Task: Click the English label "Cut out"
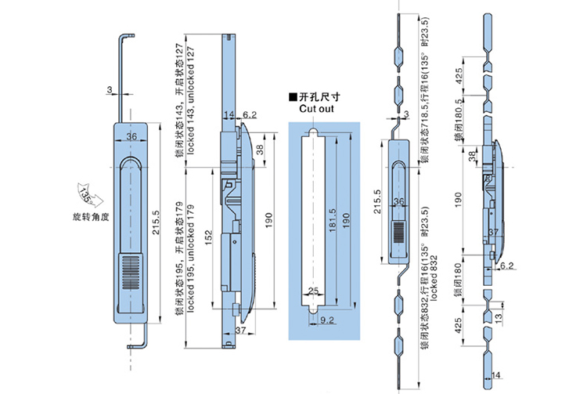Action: point(315,110)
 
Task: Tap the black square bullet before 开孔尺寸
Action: point(293,96)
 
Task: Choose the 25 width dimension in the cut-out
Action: point(314,291)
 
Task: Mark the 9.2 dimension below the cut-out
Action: point(327,320)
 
